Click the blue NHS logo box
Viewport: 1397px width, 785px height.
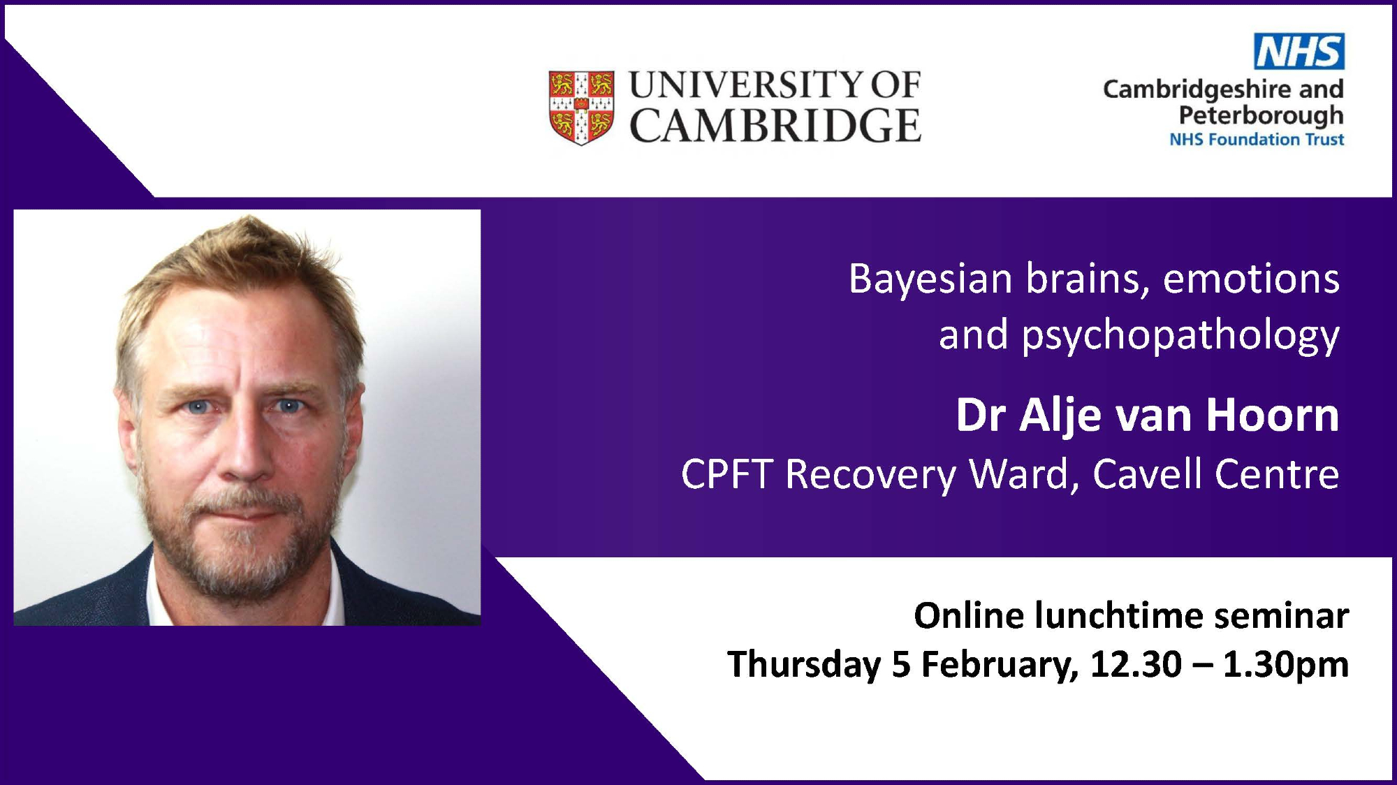[1299, 51]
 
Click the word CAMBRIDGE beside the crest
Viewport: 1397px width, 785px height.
[775, 126]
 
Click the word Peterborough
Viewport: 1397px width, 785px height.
[1261, 115]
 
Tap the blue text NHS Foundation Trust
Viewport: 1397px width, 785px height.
[1257, 140]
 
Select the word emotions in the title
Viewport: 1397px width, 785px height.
[1251, 279]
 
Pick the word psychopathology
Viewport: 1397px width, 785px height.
[1180, 336]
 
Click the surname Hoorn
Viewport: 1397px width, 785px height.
[1273, 415]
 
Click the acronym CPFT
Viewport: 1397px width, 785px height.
[726, 474]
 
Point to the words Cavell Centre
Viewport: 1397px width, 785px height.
[1216, 474]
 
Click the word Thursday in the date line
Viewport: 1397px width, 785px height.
[804, 664]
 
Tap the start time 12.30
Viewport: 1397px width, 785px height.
[1136, 664]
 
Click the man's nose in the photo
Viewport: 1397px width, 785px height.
[244, 447]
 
